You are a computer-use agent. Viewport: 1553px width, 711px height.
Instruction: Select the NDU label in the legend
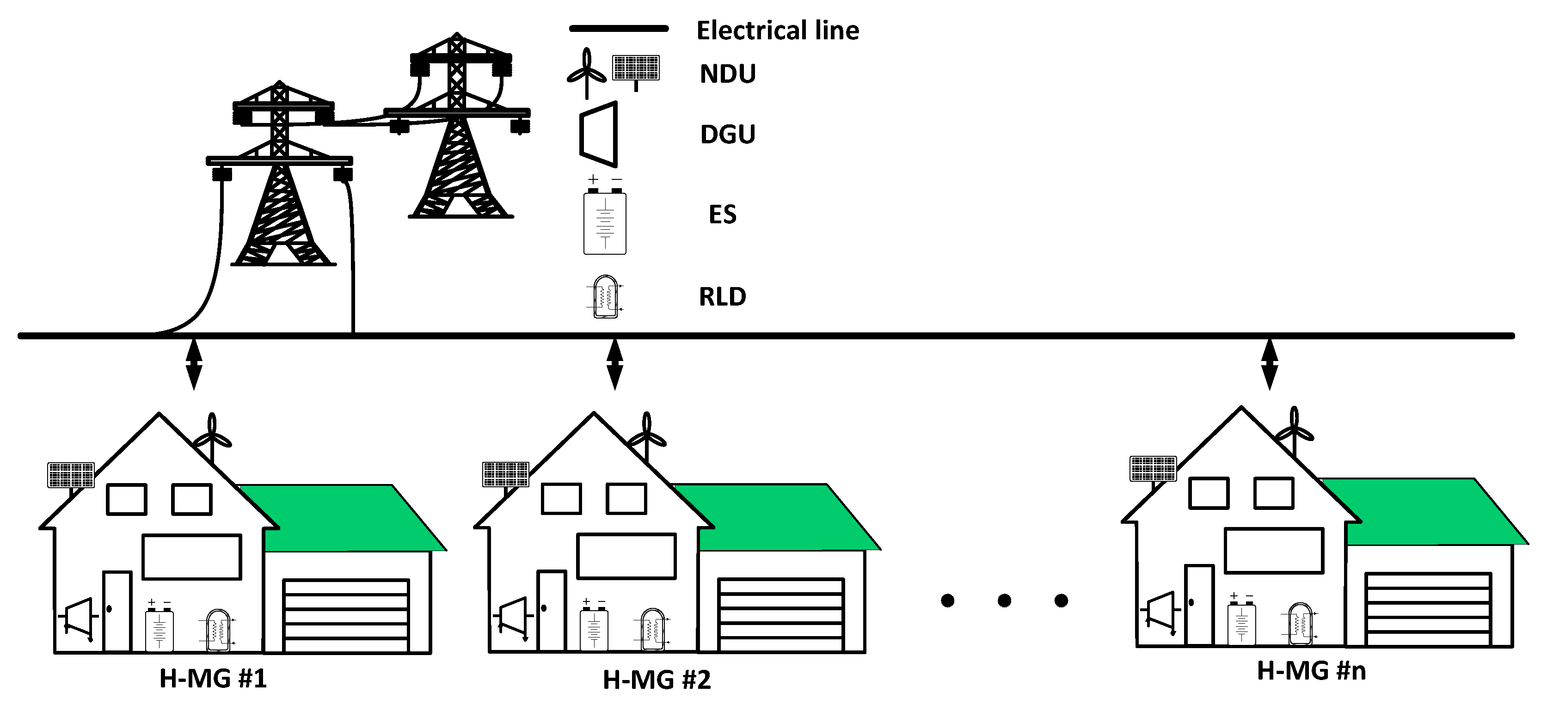coord(727,74)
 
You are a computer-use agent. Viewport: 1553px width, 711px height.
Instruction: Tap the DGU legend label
coord(727,134)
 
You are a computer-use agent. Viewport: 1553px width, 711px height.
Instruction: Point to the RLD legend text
coord(722,297)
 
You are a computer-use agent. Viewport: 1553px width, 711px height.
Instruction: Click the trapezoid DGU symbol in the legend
coord(599,134)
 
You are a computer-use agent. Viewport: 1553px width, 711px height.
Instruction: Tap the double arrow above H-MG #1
coord(194,364)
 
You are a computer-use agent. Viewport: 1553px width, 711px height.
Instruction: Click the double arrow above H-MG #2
coord(614,364)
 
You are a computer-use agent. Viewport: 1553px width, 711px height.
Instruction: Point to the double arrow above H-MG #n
coord(1270,364)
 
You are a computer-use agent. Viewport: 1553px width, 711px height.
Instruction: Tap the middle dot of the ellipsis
coord(1004,601)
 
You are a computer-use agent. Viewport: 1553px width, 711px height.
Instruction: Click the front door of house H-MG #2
coord(552,610)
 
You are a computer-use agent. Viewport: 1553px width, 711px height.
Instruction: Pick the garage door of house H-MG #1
coord(346,615)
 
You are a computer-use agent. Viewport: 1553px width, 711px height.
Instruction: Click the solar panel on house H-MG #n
coord(1153,469)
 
